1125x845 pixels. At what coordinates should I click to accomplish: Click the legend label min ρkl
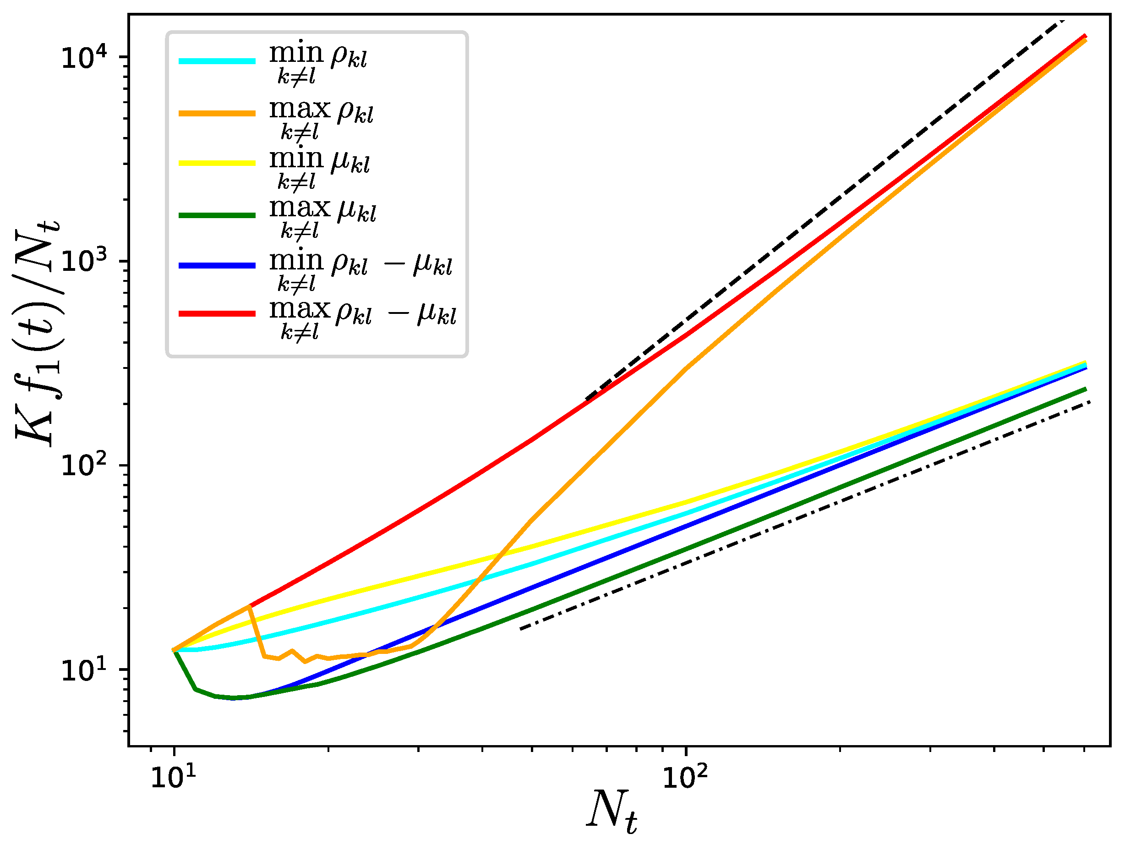[x=317, y=61]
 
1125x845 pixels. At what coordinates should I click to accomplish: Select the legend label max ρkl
[x=321, y=116]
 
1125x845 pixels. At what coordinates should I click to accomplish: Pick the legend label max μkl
[x=322, y=216]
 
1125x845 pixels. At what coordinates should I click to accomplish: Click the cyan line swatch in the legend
[x=217, y=61]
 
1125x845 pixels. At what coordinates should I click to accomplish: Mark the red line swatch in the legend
[x=217, y=314]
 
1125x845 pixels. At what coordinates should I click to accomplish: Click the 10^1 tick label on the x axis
[x=174, y=777]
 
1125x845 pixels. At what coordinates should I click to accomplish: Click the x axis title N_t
[x=612, y=812]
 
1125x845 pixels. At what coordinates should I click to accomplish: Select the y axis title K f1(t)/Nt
[x=37, y=333]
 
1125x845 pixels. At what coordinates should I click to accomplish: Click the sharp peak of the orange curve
[x=249, y=606]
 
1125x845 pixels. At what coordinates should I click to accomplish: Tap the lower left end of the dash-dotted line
[x=520, y=629]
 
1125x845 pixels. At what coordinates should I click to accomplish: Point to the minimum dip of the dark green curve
[x=234, y=697]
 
